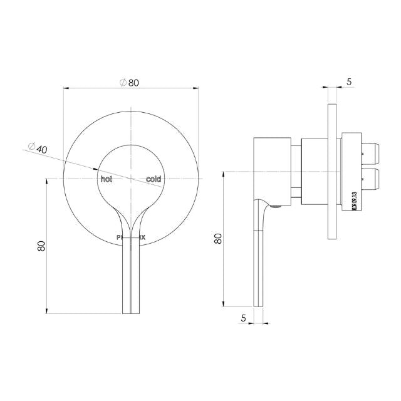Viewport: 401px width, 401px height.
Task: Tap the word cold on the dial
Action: [x=154, y=179]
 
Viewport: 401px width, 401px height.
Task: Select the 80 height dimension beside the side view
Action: [x=218, y=238]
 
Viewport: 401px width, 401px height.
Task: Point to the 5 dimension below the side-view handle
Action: [x=243, y=318]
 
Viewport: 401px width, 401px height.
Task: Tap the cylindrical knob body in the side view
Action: [x=271, y=169]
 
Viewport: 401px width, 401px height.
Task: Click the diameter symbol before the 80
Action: [x=122, y=82]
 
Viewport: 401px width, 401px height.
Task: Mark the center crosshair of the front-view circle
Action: [x=130, y=178]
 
